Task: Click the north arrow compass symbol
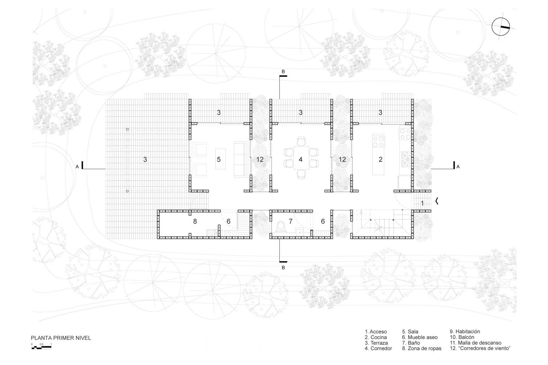pos(501,27)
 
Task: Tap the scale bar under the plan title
pos(41,347)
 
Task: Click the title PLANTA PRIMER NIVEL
pos(61,338)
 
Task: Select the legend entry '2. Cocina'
pos(376,337)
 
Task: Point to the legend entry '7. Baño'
pos(411,343)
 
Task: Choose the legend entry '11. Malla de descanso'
pos(476,343)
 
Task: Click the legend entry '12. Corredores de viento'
pos(480,348)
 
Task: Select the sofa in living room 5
pos(241,159)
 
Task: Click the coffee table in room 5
pos(220,158)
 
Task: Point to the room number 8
pos(195,221)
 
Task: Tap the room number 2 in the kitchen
pos(381,159)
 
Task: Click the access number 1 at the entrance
pos(422,203)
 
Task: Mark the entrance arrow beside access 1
pos(437,201)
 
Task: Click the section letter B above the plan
pos(283,72)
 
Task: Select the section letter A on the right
pos(458,167)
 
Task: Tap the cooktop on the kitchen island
pos(378,141)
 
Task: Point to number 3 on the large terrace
pos(145,159)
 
